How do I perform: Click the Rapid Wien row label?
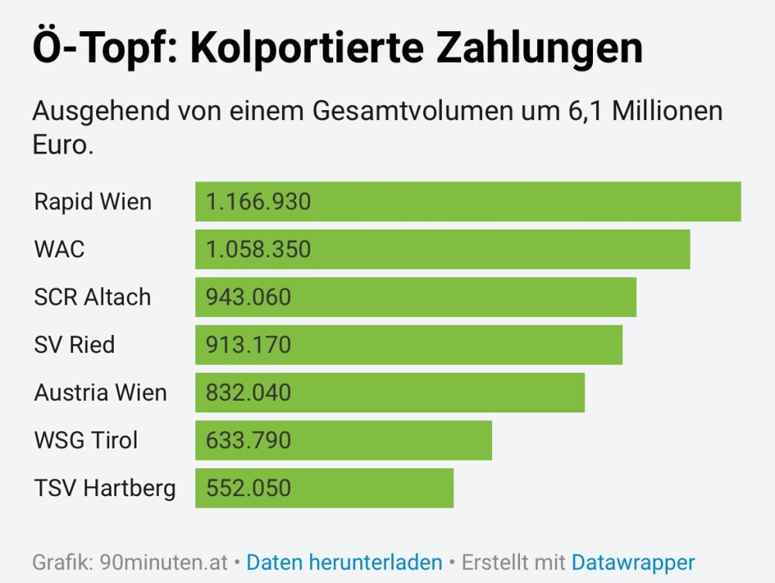coord(93,202)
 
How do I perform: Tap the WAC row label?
coord(60,250)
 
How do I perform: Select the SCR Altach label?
coord(93,297)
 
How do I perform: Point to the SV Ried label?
coord(74,344)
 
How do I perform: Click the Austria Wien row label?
coord(101,392)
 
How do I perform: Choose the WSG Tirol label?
coord(86,440)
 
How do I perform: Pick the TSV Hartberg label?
coord(105,488)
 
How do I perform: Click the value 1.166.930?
coord(258,202)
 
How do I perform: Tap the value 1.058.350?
coord(258,250)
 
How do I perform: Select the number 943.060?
coord(249,297)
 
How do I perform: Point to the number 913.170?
coord(249,344)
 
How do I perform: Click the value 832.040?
coord(249,392)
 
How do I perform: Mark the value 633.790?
coord(249,440)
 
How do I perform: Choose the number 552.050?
coord(249,488)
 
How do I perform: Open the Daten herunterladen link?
coord(344,562)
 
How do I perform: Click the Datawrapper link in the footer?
coord(633,562)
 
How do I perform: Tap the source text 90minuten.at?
coord(164,562)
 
